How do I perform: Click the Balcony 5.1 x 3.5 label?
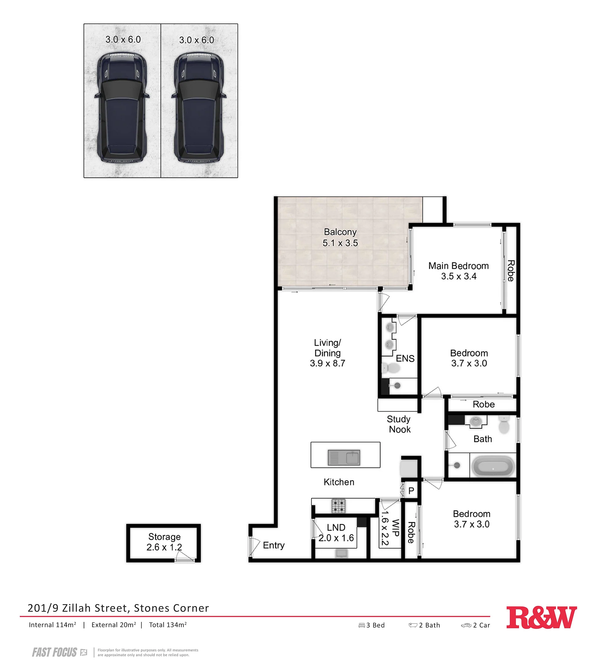pyautogui.click(x=340, y=237)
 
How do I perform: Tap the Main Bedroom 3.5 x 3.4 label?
pyautogui.click(x=459, y=271)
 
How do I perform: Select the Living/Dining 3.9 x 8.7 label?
pyautogui.click(x=327, y=353)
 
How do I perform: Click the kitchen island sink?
pyautogui.click(x=344, y=457)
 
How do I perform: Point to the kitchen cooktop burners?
pyautogui.click(x=338, y=506)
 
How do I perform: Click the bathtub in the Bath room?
pyautogui.click(x=493, y=466)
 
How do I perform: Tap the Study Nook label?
pyautogui.click(x=399, y=424)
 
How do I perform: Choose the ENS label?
pyautogui.click(x=405, y=358)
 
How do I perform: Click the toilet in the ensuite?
pyautogui.click(x=391, y=368)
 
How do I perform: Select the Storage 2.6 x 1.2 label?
pyautogui.click(x=164, y=542)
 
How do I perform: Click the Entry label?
pyautogui.click(x=274, y=545)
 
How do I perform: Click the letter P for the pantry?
pyautogui.click(x=411, y=491)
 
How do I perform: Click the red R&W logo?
pyautogui.click(x=541, y=617)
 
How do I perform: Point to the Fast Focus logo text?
pyautogui.click(x=54, y=652)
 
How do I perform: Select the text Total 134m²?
pyautogui.click(x=168, y=625)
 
